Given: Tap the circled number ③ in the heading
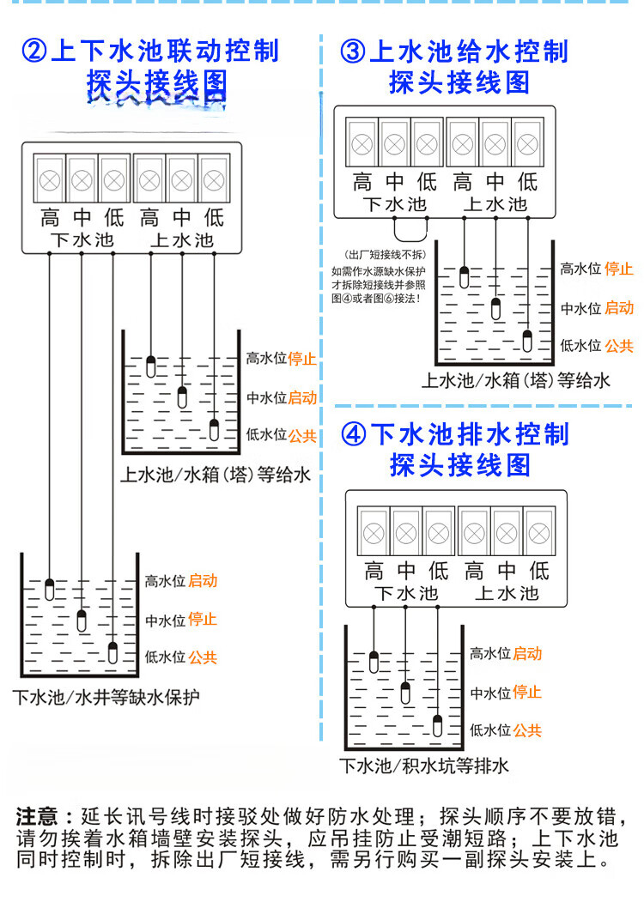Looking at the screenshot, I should coord(353,51).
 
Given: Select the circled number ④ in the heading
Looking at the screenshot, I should coord(353,433).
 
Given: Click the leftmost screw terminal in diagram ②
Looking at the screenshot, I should coord(50,180).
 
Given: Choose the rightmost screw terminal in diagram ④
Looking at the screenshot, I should coord(538,533).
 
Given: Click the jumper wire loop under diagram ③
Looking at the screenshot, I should coord(410,228).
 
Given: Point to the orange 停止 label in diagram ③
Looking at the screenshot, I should coord(618,269).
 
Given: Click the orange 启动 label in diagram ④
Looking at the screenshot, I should coord(527,654).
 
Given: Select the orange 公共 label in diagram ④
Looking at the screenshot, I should coord(527,730).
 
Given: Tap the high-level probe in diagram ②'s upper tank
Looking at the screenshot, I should coord(151,366).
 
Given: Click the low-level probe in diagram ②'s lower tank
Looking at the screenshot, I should coord(113,652).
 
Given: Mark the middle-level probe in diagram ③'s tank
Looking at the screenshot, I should coord(496,309).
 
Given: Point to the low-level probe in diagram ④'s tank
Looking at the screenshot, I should coord(438,726).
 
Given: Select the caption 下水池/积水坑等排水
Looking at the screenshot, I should coord(424,766).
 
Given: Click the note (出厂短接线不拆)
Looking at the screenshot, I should coord(384,255).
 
